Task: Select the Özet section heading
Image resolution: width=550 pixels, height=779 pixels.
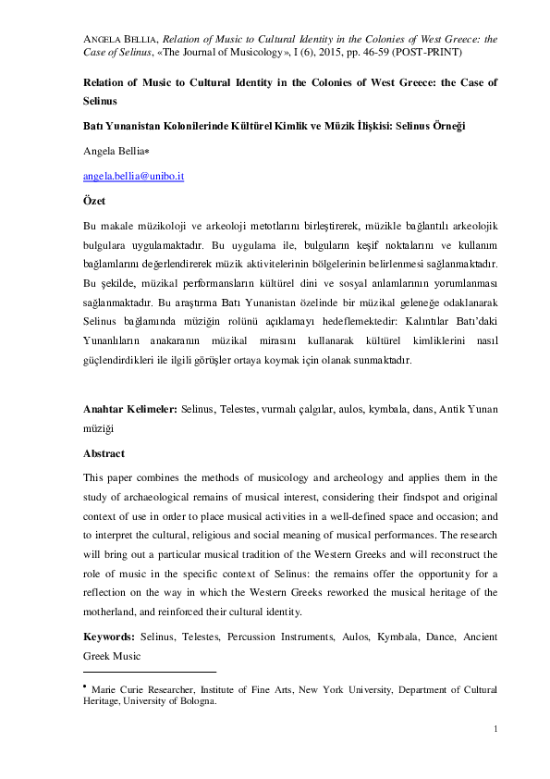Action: pyautogui.click(x=94, y=200)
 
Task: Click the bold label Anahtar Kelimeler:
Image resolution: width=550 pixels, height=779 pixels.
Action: pyautogui.click(x=129, y=408)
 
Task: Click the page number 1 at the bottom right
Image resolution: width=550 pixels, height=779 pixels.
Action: pyautogui.click(x=495, y=729)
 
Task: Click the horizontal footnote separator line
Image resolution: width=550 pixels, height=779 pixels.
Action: pyautogui.click(x=149, y=672)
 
